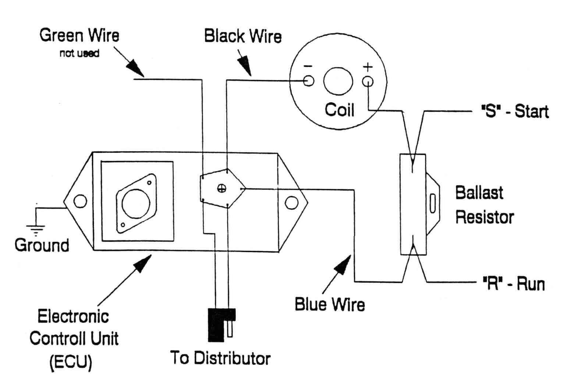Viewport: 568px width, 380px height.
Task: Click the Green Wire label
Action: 79,36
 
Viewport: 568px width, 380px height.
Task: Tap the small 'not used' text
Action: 79,53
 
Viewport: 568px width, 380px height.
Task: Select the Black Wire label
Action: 243,36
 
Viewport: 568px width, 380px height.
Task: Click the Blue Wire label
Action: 330,305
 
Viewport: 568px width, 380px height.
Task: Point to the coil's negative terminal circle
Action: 309,81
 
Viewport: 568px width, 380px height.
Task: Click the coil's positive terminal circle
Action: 368,81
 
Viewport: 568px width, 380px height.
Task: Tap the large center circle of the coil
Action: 338,81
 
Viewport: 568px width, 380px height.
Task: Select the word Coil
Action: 339,110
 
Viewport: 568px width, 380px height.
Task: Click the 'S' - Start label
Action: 515,111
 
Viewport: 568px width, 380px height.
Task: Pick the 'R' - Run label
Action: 514,284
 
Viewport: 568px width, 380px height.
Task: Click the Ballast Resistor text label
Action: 484,205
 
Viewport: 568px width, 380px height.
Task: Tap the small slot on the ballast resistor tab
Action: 433,203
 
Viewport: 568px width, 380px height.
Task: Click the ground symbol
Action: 36,229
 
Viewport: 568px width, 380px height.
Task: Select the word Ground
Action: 42,245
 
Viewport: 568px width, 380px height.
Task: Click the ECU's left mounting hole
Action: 80,201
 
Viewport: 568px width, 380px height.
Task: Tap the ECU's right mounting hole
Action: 291,202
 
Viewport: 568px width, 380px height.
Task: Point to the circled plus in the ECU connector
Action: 221,189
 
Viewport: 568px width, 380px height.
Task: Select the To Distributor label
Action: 220,358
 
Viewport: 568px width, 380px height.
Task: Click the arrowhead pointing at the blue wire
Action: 344,264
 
